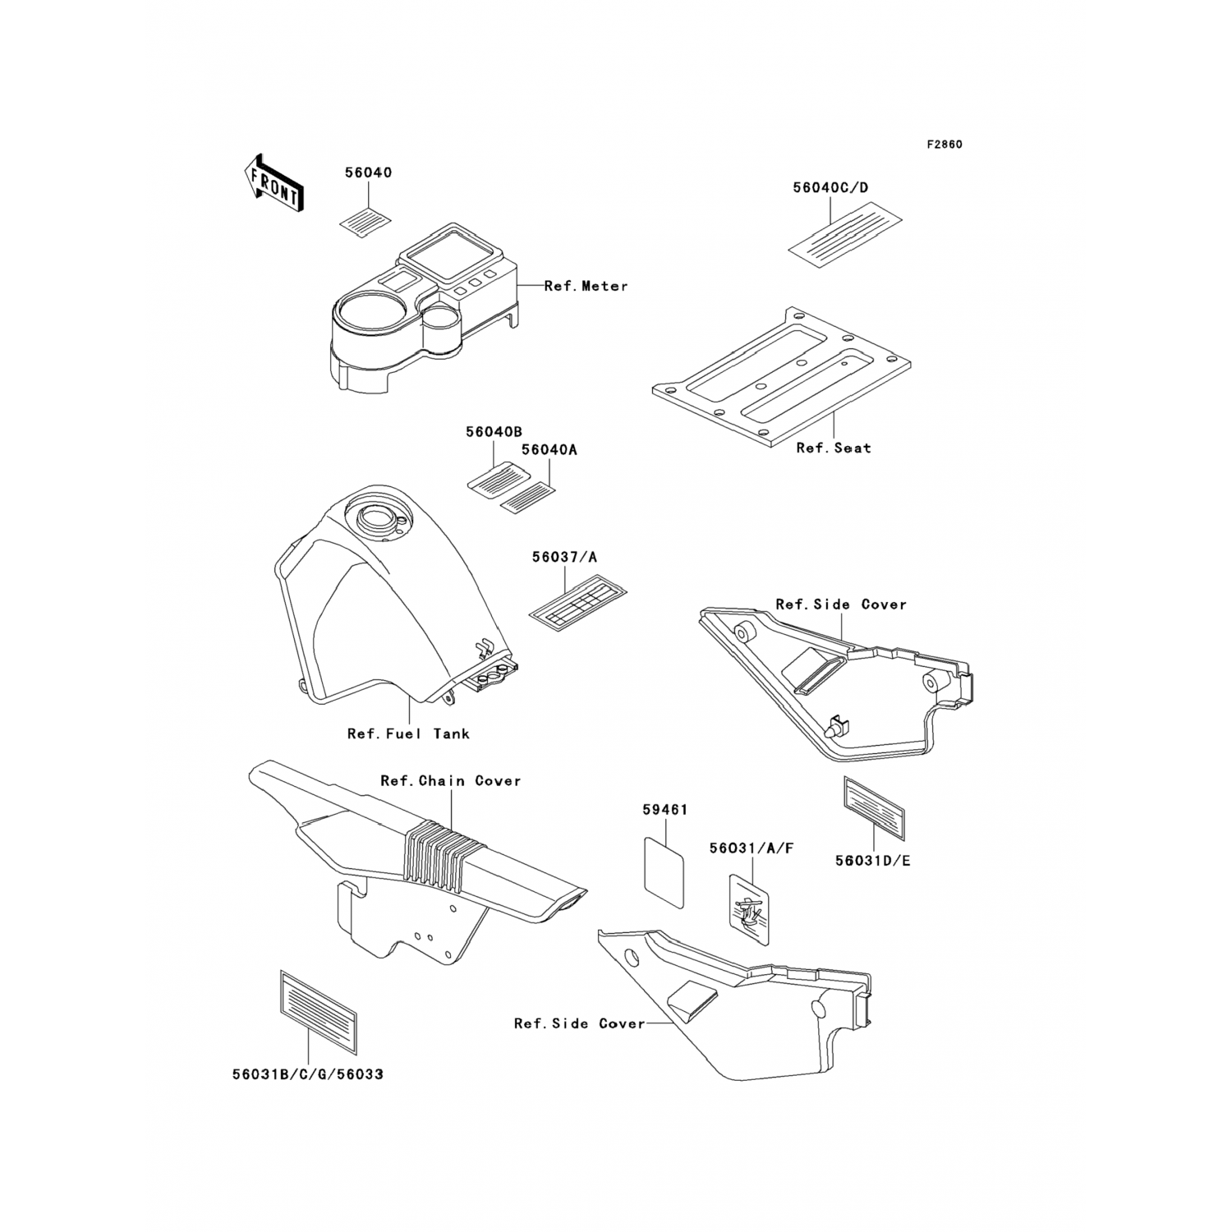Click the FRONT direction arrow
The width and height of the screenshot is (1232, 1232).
point(274,183)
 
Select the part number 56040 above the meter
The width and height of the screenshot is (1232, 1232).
point(368,173)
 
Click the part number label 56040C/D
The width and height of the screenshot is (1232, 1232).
point(830,188)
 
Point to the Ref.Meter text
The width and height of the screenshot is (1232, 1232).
point(586,286)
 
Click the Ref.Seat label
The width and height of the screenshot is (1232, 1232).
point(834,448)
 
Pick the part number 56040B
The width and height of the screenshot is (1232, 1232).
point(494,432)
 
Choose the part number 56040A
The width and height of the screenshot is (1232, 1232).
point(549,450)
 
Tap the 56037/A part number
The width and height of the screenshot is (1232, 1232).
point(564,558)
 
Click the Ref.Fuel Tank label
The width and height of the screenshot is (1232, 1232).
point(408,733)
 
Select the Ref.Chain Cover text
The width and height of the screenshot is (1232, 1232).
point(450,780)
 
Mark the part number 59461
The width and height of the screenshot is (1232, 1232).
point(664,809)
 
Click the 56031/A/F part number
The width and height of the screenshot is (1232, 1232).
point(751,848)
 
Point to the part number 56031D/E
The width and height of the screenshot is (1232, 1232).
point(872,861)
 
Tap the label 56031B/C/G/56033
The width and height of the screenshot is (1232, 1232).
point(307,1074)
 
